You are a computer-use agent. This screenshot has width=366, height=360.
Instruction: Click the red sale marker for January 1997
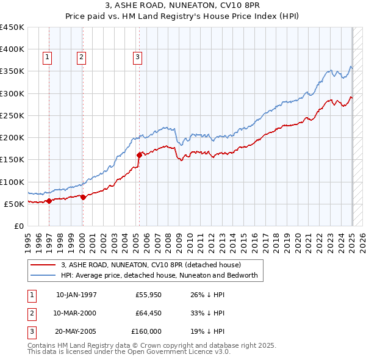(49, 201)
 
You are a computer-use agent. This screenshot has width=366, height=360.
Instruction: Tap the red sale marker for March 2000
(83, 197)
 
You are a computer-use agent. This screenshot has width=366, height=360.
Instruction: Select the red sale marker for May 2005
(139, 155)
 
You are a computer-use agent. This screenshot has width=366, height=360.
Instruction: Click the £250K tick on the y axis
(13, 115)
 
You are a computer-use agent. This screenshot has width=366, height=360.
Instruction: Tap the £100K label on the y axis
(13, 182)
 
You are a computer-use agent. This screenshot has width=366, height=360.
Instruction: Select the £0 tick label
(18, 226)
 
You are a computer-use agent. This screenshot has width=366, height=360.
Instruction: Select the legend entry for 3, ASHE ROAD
(151, 265)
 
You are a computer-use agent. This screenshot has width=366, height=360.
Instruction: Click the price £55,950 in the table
(148, 295)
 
